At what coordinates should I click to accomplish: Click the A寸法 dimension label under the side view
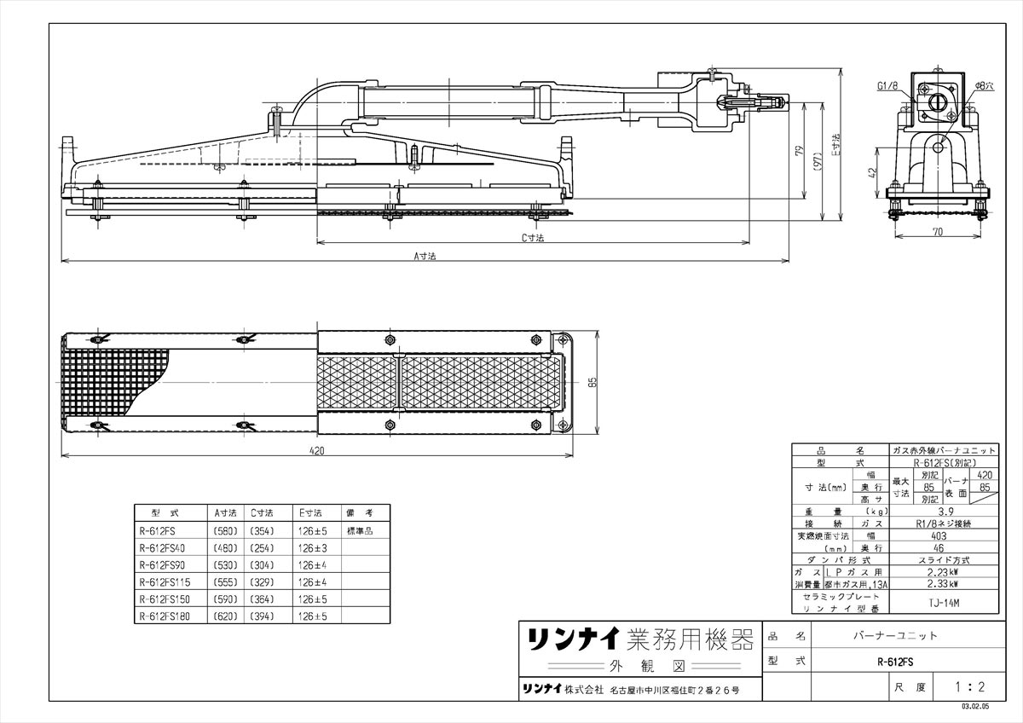(x=425, y=256)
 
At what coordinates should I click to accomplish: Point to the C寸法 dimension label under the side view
(x=533, y=239)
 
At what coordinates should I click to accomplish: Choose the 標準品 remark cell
(x=360, y=530)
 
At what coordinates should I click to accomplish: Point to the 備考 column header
(x=360, y=513)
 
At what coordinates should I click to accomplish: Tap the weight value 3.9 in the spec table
(x=945, y=512)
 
